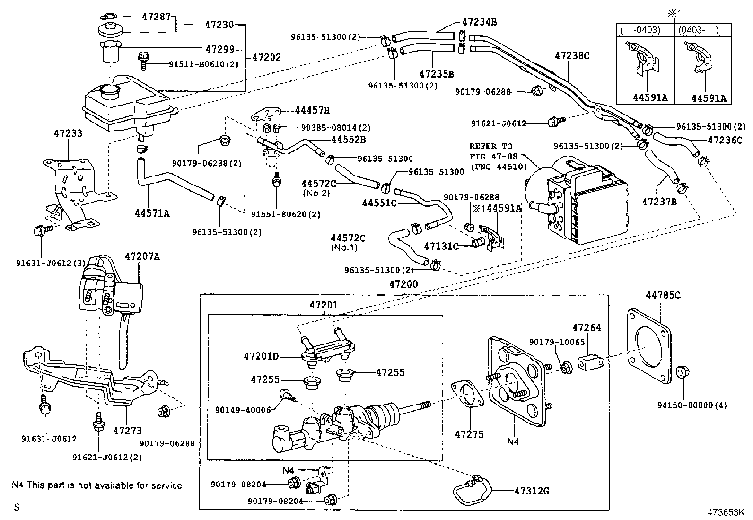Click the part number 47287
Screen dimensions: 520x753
click(156, 16)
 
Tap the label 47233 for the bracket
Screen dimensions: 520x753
click(68, 133)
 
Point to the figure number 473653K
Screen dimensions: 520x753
click(726, 512)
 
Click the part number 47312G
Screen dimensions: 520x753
click(532, 491)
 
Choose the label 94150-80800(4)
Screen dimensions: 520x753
click(692, 405)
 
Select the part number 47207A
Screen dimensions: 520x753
click(142, 256)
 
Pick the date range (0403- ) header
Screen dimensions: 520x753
click(698, 30)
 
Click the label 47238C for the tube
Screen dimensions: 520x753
click(572, 55)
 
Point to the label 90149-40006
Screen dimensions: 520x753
click(243, 410)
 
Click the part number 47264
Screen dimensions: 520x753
click(587, 327)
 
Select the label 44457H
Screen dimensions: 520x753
click(312, 110)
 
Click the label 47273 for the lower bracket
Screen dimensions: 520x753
click(127, 431)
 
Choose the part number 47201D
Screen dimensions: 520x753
click(262, 356)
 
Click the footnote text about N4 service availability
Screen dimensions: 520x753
click(96, 485)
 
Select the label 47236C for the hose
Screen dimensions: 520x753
click(725, 140)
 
